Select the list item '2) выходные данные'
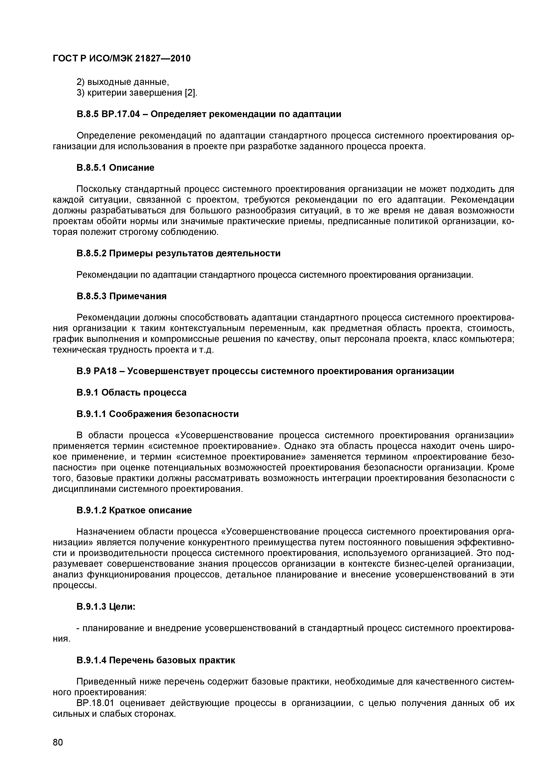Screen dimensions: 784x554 tap(123, 82)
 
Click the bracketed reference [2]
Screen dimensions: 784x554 tap(191, 93)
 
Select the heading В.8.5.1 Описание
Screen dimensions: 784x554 tap(115, 168)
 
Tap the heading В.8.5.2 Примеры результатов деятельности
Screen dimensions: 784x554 tap(178, 253)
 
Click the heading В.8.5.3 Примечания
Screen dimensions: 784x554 tap(122, 296)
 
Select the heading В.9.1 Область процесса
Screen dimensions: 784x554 tap(131, 392)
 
